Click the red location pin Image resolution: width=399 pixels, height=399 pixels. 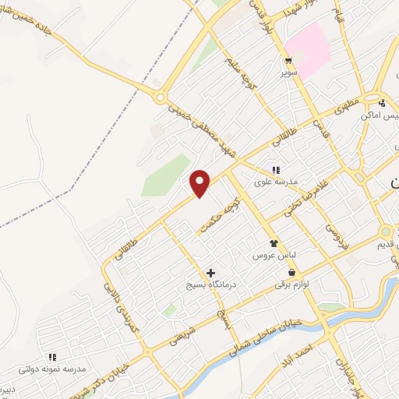click(x=200, y=182)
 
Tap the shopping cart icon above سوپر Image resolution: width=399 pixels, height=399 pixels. click(x=289, y=61)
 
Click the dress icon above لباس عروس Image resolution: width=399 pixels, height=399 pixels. click(x=273, y=243)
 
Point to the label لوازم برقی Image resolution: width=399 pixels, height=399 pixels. click(x=291, y=284)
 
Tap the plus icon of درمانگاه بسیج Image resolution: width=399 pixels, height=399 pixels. click(x=210, y=273)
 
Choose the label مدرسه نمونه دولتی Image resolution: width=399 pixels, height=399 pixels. click(x=52, y=368)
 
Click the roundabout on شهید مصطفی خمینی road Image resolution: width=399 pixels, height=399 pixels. click(x=161, y=97)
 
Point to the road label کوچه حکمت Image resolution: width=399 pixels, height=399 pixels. click(x=217, y=210)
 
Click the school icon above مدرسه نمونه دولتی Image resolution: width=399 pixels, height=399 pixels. click(x=52, y=356)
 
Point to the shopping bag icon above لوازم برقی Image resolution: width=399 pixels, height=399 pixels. click(x=291, y=273)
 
